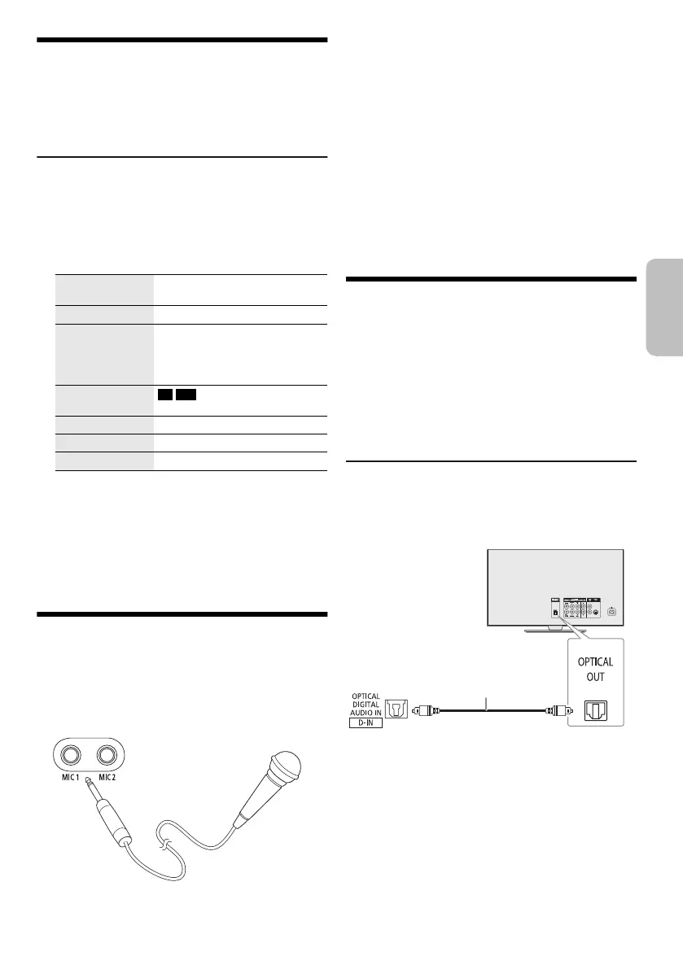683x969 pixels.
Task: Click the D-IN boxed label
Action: click(x=366, y=722)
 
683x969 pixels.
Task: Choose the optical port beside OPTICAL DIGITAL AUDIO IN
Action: click(x=398, y=709)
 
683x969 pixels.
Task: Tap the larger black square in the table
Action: click(x=187, y=395)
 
